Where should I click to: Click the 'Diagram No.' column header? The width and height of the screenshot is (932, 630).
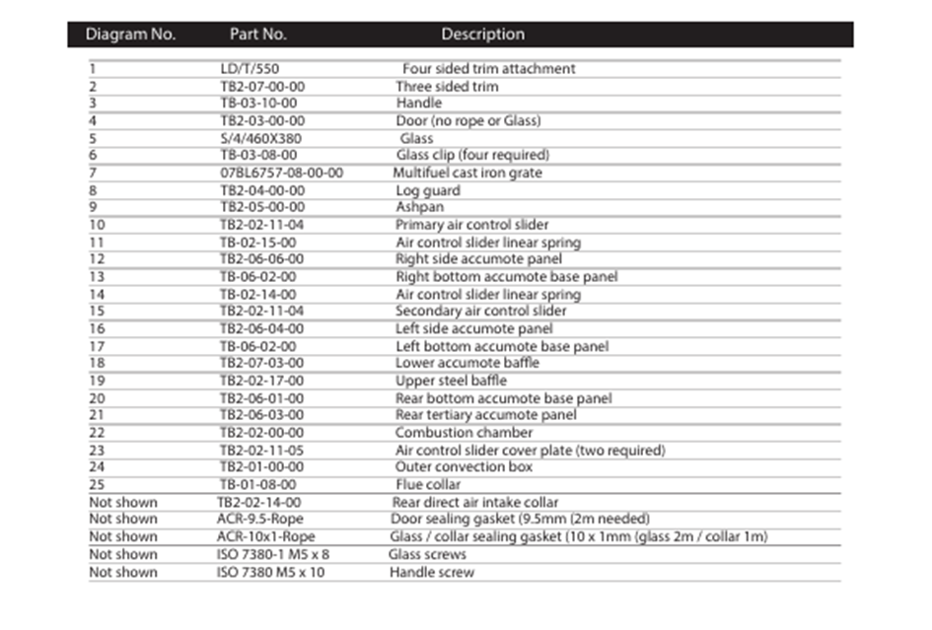130,35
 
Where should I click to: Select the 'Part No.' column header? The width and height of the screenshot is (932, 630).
258,35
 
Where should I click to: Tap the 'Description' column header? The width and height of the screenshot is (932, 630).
482,35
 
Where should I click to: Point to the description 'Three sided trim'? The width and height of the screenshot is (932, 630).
447,87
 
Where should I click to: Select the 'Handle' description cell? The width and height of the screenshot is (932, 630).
419,104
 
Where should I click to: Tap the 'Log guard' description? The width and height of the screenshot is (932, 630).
427,190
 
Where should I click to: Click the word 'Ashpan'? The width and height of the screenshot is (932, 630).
420,207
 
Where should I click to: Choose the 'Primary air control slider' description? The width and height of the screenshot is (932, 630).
471,225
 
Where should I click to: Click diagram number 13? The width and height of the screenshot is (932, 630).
97,277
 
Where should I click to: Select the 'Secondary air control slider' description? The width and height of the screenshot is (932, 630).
480,312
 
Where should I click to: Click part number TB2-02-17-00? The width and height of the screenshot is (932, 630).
261,381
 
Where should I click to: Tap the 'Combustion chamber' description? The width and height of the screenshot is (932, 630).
464,433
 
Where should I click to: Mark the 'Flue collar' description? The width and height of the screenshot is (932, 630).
428,485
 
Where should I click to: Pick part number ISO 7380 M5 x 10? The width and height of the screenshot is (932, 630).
270,572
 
